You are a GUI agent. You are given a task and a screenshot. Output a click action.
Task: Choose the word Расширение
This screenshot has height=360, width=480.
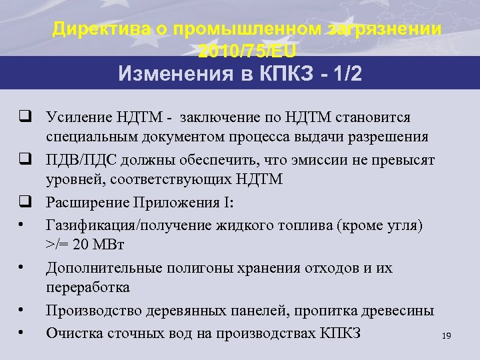click(87, 203)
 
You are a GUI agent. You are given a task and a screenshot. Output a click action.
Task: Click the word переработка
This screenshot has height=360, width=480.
click(87, 287)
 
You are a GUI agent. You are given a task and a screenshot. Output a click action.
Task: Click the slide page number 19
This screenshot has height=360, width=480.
click(446, 337)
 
